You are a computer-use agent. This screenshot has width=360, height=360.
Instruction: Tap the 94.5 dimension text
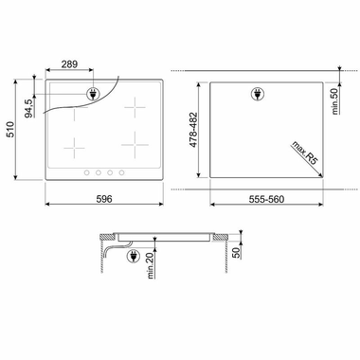tap(29, 108)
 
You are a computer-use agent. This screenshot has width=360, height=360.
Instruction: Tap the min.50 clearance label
tap(334, 98)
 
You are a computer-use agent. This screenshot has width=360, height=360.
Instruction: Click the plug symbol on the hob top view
tap(94, 94)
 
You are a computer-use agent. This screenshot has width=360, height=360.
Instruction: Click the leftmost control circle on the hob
tap(85, 172)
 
